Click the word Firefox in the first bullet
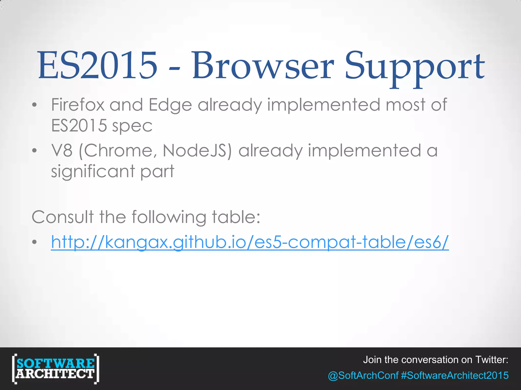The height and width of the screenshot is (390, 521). point(78,105)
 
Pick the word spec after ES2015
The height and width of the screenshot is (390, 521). point(132,126)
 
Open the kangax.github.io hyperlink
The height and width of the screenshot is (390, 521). point(250,242)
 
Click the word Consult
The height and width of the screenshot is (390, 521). point(63,217)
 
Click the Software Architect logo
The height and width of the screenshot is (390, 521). point(55,368)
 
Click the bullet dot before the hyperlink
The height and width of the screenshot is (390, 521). point(35,242)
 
